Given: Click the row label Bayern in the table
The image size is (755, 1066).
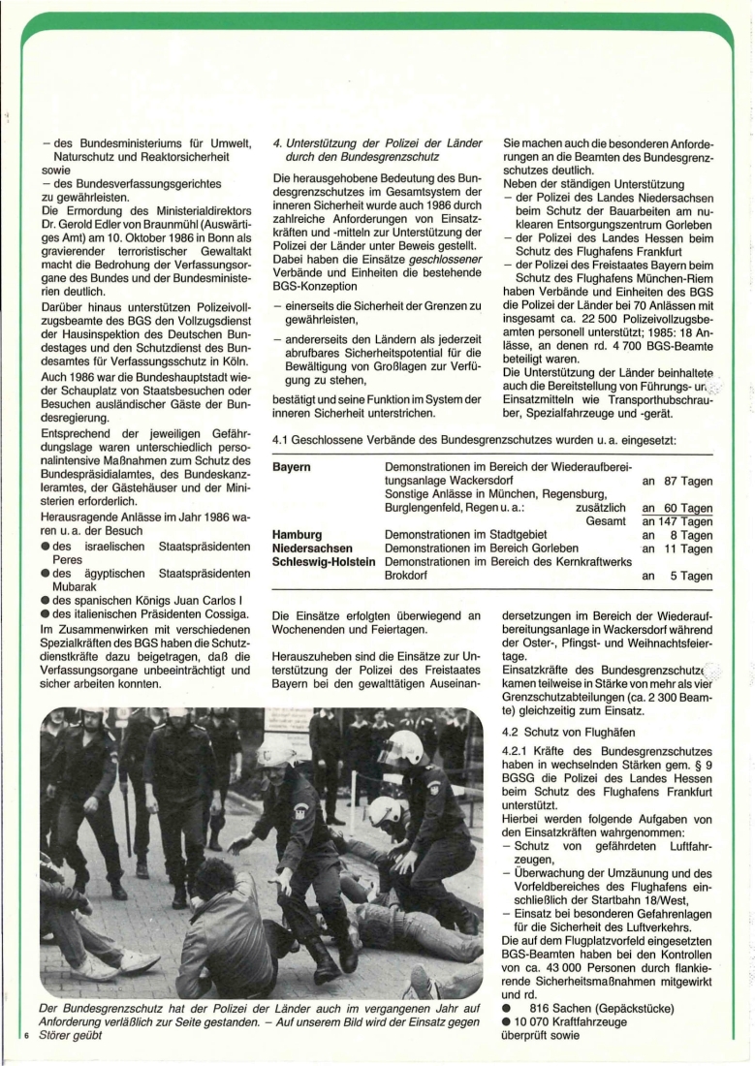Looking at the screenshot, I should (x=292, y=467).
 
